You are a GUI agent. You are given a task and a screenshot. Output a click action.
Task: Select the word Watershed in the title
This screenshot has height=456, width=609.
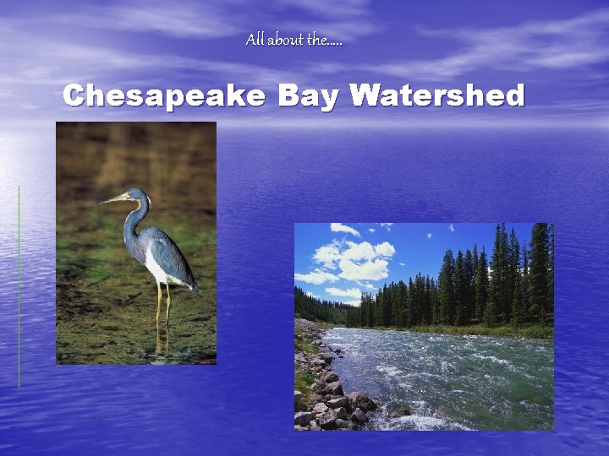tap(437, 96)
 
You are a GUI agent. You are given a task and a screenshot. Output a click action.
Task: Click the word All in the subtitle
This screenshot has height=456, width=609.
tap(255, 40)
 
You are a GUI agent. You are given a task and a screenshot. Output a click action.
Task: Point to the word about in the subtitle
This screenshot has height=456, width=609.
tap(285, 40)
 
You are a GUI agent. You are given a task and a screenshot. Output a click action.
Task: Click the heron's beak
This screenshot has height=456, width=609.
tap(112, 200)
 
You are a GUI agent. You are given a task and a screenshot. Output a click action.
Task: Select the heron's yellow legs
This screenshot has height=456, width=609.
tap(162, 304)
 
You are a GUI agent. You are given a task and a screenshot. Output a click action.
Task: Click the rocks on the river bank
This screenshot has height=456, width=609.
tap(330, 397)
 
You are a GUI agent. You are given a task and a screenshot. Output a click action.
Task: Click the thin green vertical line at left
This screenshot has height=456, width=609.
tap(19, 287)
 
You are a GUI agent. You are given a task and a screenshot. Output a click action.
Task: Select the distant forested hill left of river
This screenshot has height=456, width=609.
tap(317, 306)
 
